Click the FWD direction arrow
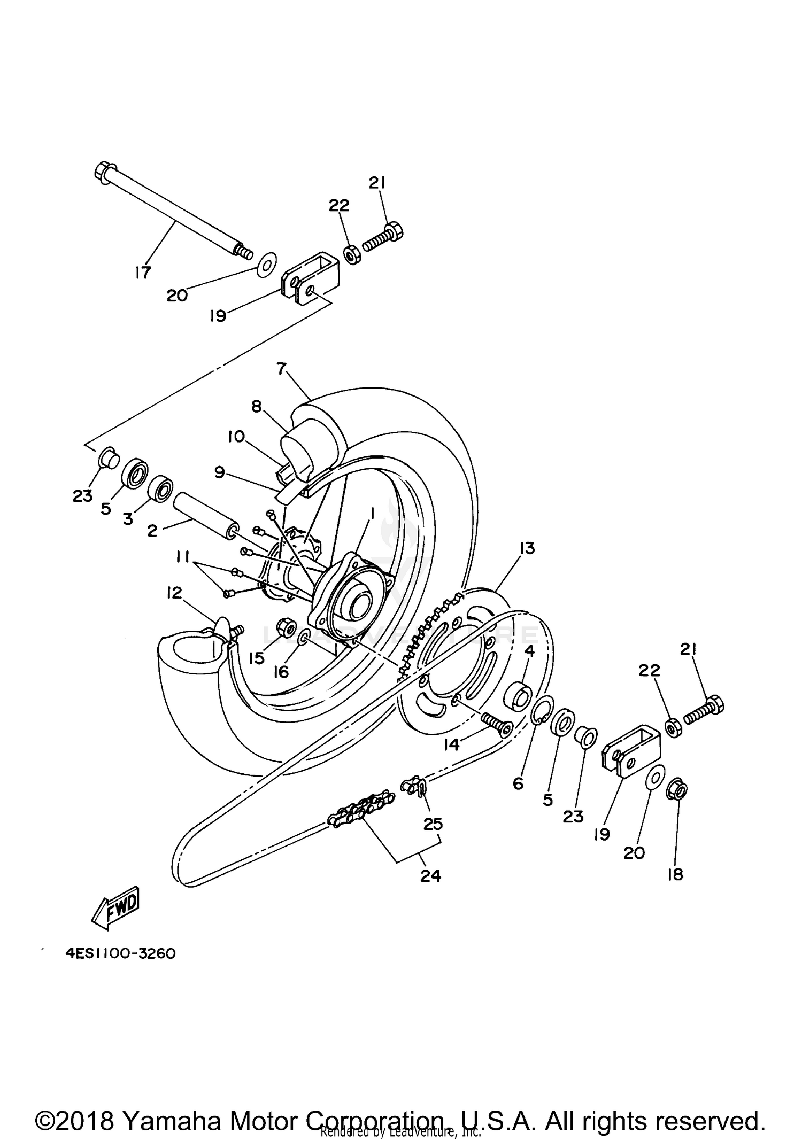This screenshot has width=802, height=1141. click(x=116, y=909)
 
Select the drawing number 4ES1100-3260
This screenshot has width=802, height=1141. click(x=121, y=953)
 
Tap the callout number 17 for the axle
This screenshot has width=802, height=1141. click(x=143, y=273)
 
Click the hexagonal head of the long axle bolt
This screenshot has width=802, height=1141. click(x=104, y=172)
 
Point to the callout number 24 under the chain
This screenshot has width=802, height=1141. click(x=430, y=875)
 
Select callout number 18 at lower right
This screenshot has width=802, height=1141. click(x=676, y=874)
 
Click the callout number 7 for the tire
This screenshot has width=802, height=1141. click(x=282, y=368)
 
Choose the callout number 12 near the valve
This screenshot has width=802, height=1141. click(x=174, y=593)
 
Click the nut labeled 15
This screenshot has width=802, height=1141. click(x=283, y=625)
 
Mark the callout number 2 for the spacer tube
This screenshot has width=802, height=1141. click(x=152, y=531)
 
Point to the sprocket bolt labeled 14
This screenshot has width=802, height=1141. click(x=496, y=725)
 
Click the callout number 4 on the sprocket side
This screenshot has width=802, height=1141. click(x=529, y=651)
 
